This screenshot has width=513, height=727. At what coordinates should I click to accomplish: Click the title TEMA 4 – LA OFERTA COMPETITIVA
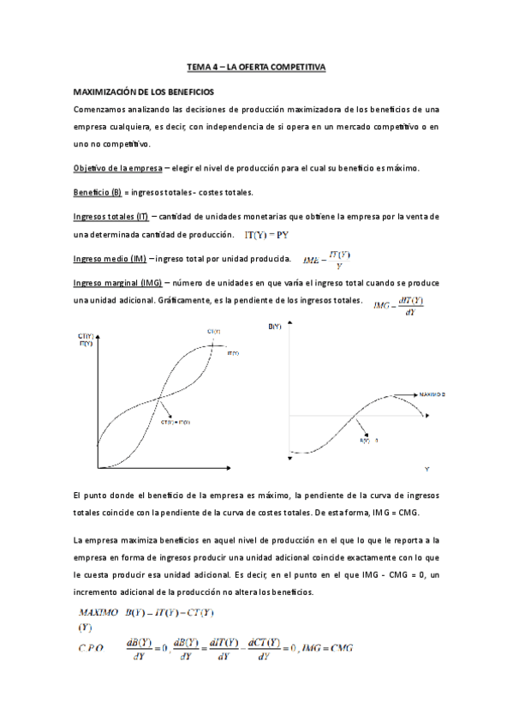point(256,66)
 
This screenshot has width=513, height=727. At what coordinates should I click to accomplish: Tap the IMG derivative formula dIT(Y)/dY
point(400,304)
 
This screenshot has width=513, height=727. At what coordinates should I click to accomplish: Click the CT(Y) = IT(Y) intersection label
point(176,423)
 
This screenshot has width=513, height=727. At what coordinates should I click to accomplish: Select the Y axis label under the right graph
point(427,469)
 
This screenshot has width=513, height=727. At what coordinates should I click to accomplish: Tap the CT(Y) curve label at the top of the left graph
point(213,331)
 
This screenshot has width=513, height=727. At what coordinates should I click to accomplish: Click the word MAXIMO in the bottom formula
point(98,612)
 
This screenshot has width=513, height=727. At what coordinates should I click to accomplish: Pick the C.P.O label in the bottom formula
point(90,649)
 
